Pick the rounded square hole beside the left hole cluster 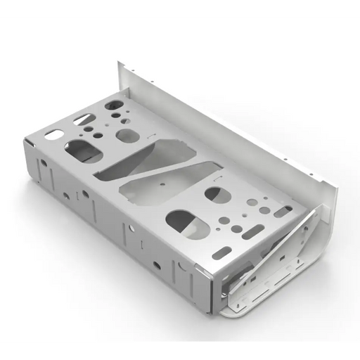126,134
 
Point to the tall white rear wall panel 232,134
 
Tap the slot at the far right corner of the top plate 285,208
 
